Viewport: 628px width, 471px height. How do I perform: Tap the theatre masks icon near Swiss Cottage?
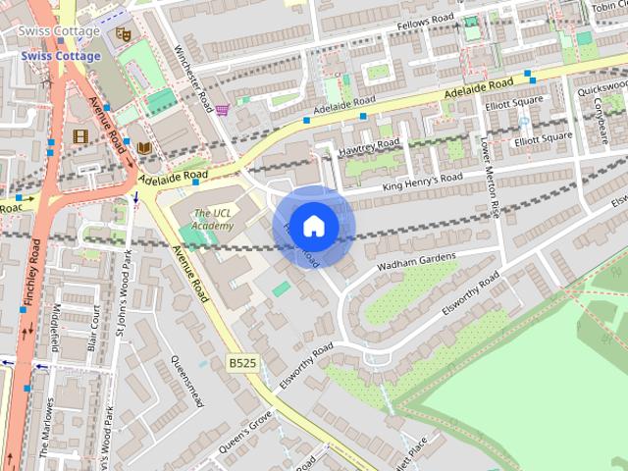[x=123, y=34]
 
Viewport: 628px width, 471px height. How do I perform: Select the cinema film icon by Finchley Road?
[x=79, y=135]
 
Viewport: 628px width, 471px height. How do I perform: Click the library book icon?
[x=144, y=147]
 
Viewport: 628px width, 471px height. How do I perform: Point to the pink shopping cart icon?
[x=223, y=110]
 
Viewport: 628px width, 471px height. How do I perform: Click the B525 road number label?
[x=242, y=363]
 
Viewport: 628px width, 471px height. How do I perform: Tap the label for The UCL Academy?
[x=213, y=220]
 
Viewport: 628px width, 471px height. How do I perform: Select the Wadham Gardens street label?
[x=417, y=263]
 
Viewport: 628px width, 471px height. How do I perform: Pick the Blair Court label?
[x=94, y=329]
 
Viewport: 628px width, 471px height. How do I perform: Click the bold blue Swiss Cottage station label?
[x=61, y=56]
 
